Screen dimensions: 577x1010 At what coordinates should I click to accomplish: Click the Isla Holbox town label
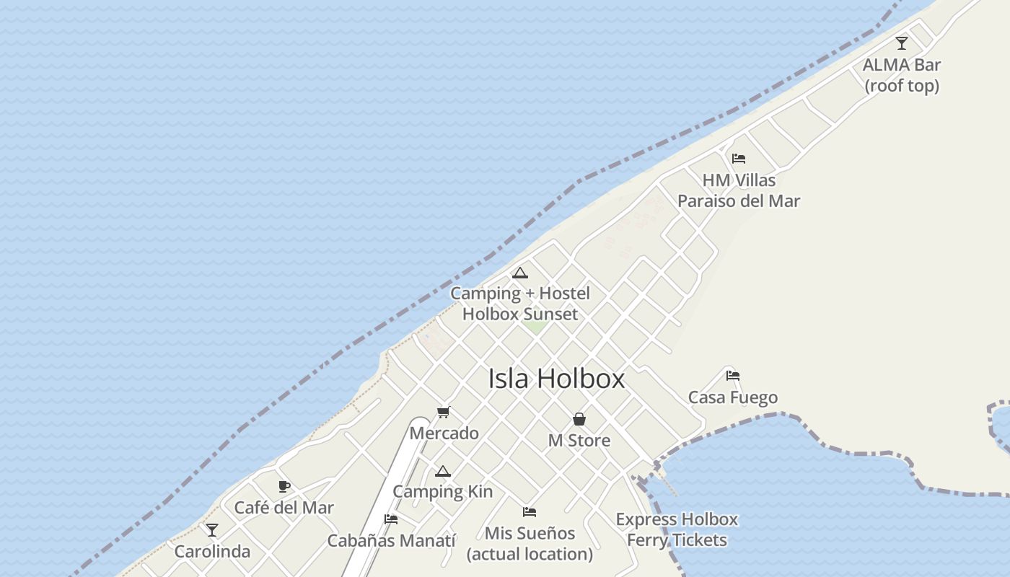(556, 379)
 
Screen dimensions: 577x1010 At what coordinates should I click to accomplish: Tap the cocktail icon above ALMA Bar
(902, 43)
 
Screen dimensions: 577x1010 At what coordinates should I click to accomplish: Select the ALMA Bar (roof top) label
(902, 75)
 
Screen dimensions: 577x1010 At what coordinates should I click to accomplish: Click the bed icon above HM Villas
(738, 159)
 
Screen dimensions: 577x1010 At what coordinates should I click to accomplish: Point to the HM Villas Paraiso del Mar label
(739, 190)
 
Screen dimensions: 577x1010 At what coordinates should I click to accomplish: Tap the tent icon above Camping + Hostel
(519, 273)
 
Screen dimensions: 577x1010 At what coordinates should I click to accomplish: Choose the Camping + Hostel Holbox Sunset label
(520, 304)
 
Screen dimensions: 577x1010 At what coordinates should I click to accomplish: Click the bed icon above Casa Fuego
(733, 376)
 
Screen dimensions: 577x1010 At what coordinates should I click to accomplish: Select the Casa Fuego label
(733, 397)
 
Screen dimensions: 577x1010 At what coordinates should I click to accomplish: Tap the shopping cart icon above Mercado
(444, 413)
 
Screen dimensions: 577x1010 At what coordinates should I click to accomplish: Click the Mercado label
(444, 433)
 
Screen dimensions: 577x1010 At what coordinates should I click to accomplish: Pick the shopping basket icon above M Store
(579, 419)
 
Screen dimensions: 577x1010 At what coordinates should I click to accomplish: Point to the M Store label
(579, 441)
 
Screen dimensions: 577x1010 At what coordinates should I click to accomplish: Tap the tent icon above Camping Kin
(443, 472)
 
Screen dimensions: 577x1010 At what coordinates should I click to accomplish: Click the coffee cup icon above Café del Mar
(284, 486)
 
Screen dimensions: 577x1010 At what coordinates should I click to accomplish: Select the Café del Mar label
(284, 508)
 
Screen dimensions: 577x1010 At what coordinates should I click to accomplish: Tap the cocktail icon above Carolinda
(212, 530)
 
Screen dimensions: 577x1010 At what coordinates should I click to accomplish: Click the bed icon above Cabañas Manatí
(391, 519)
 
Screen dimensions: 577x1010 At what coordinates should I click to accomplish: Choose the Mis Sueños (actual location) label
(530, 544)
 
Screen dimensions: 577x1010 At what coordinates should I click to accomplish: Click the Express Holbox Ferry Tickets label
(677, 529)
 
